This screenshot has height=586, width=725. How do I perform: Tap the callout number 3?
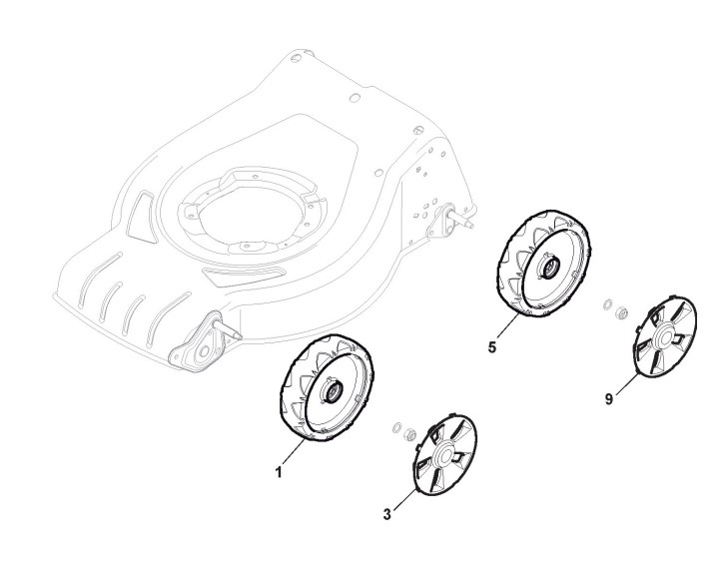point(388,515)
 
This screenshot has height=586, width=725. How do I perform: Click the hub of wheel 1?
point(329,393)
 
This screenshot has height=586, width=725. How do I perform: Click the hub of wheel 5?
point(548,267)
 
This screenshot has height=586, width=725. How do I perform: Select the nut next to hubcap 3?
point(409,433)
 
